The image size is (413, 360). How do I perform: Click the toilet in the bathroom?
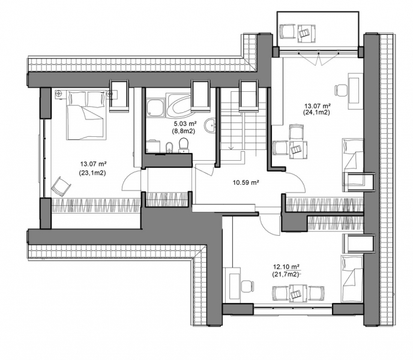(183, 145)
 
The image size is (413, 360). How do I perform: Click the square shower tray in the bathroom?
(155, 108)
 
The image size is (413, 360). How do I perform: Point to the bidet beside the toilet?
(169, 147)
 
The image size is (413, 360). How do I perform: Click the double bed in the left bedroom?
(86, 115)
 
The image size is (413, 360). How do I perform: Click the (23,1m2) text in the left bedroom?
(92, 173)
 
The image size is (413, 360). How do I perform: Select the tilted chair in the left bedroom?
(61, 187)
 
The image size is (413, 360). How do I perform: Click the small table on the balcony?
(307, 33)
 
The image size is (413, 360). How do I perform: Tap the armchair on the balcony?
(288, 32)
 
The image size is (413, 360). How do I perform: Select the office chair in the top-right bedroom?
(342, 91)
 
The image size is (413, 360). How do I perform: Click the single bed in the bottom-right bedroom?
(352, 278)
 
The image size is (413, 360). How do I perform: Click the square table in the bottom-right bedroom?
(298, 293)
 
